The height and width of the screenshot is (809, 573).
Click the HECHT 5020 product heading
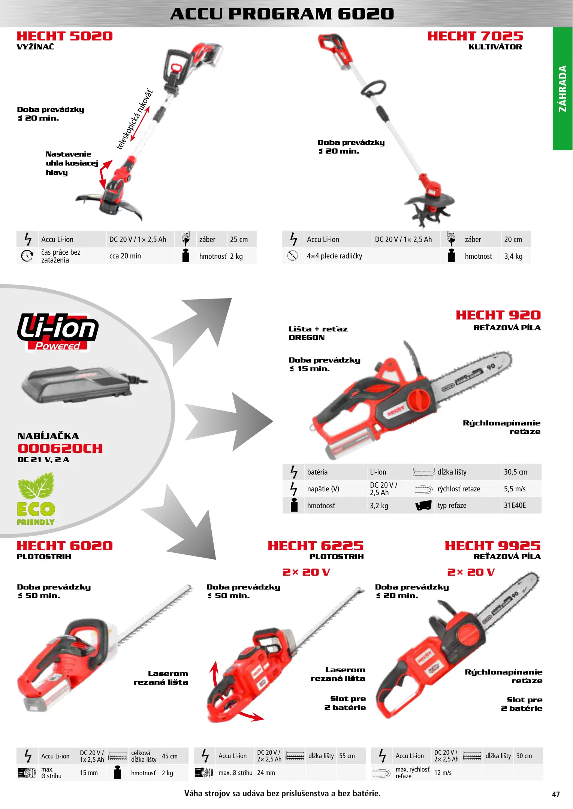pyautogui.click(x=64, y=36)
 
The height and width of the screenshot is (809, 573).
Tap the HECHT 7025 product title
pyautogui.click(x=475, y=36)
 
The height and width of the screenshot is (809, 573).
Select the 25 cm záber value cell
pyautogui.click(x=239, y=239)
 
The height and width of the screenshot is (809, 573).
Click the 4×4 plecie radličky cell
pyautogui.click(x=334, y=256)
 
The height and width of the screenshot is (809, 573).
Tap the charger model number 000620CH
pyautogui.click(x=60, y=448)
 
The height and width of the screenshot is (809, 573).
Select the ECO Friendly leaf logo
pyautogui.click(x=36, y=499)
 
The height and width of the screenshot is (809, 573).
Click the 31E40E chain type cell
pyautogui.click(x=515, y=505)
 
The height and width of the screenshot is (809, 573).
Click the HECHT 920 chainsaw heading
pyautogui.click(x=498, y=315)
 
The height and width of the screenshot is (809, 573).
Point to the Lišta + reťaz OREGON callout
pyautogui.click(x=318, y=333)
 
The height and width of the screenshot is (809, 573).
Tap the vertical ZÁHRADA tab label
pyautogui.click(x=563, y=89)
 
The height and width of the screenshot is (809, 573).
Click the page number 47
pyautogui.click(x=556, y=794)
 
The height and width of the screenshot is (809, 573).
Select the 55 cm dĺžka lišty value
pyautogui.click(x=347, y=756)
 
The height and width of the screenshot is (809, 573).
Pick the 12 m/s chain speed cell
pyautogui.click(x=443, y=773)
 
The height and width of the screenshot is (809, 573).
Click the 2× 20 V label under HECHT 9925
pyautogui.click(x=471, y=572)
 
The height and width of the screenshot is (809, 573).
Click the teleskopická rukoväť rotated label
pyautogui.click(x=135, y=119)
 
